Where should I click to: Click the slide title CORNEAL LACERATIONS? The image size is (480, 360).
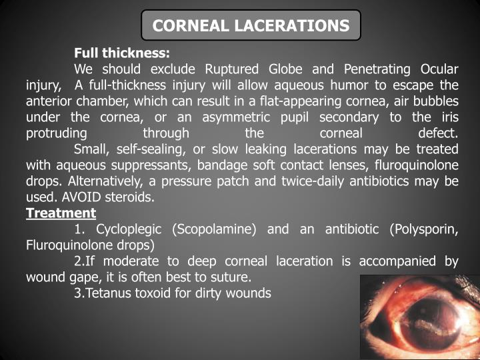[x=251, y=26]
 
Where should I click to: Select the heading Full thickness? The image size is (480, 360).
[x=122, y=53]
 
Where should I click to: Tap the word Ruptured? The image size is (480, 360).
[x=233, y=69]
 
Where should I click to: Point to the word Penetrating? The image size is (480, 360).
[x=378, y=69]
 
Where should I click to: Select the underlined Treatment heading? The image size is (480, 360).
[x=61, y=213]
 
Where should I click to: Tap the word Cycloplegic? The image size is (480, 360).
[x=131, y=229]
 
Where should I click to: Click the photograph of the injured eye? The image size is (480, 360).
[x=419, y=317]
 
